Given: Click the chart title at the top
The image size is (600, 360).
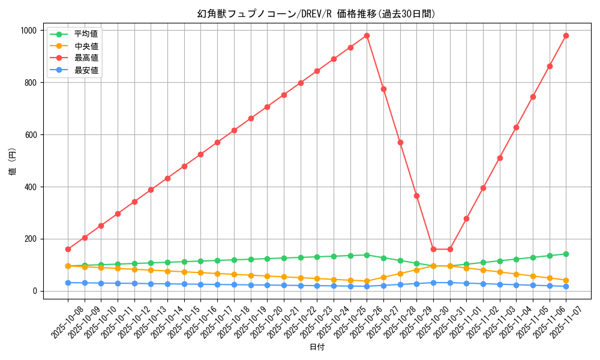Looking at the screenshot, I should pos(316,14).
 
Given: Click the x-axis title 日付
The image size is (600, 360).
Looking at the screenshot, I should pos(316,347).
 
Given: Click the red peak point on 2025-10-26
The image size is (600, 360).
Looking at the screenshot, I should pos(367,35).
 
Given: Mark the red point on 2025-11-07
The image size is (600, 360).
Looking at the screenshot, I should pos(566,35).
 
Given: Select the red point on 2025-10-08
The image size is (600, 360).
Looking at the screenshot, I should pos(68,249).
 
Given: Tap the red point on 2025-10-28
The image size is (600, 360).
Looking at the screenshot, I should pos(400,142).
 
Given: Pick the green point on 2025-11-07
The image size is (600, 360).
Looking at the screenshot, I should pos(566,254).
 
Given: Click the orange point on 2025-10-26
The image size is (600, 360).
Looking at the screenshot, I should pos(367,281).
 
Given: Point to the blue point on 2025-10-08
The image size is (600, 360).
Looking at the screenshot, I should pos(68,283).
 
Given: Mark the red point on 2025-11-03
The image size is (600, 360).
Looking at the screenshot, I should pos(500,158).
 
